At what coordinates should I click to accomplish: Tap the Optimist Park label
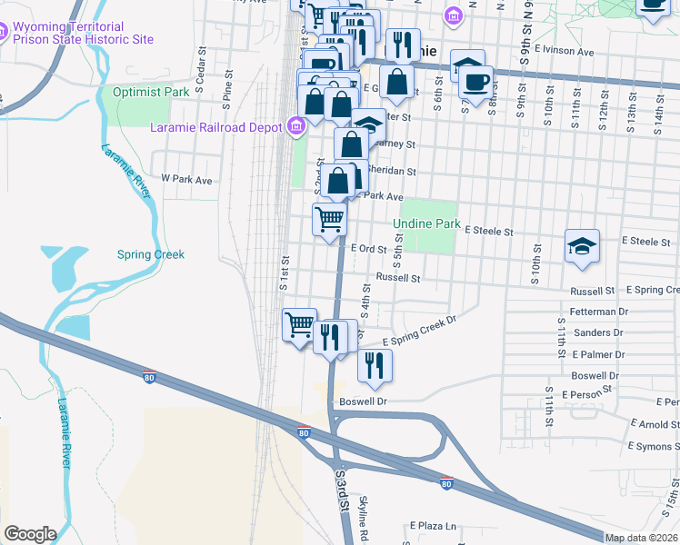click(150, 93)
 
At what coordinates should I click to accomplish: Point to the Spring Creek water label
click(151, 254)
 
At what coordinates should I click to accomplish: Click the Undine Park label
click(426, 223)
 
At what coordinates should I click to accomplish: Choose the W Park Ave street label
click(186, 180)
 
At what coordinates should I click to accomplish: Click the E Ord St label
click(369, 248)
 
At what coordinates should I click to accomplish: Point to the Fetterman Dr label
click(599, 312)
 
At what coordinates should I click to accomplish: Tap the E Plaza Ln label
click(433, 525)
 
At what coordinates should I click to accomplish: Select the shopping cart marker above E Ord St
click(329, 218)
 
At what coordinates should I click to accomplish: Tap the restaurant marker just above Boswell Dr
click(375, 366)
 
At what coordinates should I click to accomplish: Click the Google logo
click(30, 534)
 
